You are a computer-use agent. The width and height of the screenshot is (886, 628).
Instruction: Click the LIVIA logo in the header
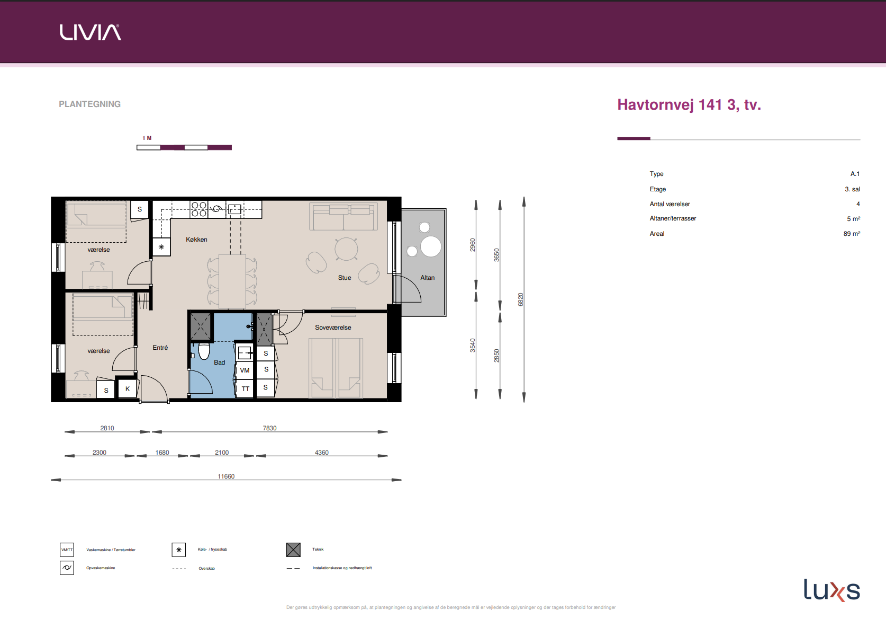click(x=90, y=32)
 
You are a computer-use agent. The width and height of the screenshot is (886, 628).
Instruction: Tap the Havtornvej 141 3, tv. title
click(x=689, y=105)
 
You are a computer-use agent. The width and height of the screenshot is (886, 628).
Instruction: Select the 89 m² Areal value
click(x=852, y=234)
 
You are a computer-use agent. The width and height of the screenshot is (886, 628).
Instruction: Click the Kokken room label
click(x=196, y=240)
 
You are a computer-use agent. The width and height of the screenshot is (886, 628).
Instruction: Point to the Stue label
click(x=345, y=278)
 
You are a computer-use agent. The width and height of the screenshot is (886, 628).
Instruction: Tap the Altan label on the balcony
click(x=427, y=278)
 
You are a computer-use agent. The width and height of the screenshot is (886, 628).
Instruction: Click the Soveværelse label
click(x=333, y=328)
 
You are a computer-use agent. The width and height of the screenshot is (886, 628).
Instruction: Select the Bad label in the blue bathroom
click(x=219, y=362)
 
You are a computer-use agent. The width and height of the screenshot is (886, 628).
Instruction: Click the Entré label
click(x=160, y=348)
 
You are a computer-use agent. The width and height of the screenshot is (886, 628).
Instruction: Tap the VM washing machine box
click(x=245, y=370)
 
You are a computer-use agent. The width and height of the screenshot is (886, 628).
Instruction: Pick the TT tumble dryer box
click(x=245, y=388)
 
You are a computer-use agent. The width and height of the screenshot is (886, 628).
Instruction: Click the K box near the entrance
click(x=128, y=389)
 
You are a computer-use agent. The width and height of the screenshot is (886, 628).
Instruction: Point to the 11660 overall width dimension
click(x=226, y=476)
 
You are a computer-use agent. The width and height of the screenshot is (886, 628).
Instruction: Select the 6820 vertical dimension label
click(x=520, y=299)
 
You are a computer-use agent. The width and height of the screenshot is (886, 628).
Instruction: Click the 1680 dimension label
click(x=162, y=453)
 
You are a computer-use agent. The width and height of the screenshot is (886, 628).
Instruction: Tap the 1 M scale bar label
click(x=147, y=138)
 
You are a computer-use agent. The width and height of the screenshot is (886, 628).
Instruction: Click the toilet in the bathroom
click(x=204, y=351)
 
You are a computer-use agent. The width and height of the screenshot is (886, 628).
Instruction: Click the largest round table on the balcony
click(x=431, y=246)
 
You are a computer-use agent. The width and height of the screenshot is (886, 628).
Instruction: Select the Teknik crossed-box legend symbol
click(x=294, y=550)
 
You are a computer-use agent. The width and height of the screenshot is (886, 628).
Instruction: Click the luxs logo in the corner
click(x=832, y=590)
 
